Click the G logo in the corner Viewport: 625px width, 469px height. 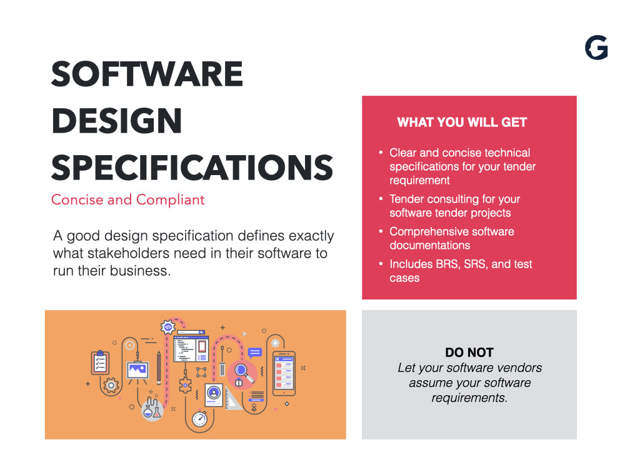[596, 48]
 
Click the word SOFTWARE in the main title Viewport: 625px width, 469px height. [147, 74]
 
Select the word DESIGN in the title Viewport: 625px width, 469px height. [116, 121]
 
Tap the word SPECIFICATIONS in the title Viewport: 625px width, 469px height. [192, 168]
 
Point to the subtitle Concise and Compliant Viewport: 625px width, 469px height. [127, 200]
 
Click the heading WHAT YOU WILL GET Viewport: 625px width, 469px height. [462, 123]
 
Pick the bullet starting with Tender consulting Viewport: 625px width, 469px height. [454, 206]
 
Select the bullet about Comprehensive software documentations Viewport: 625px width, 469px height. [451, 238]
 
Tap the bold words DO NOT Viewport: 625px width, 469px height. [469, 353]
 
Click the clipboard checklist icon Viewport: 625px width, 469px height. [100, 362]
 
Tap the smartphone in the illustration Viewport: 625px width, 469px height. [283, 373]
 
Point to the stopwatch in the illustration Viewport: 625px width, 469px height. [199, 418]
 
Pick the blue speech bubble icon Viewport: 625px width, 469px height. [254, 353]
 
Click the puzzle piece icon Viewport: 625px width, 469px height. [185, 384]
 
